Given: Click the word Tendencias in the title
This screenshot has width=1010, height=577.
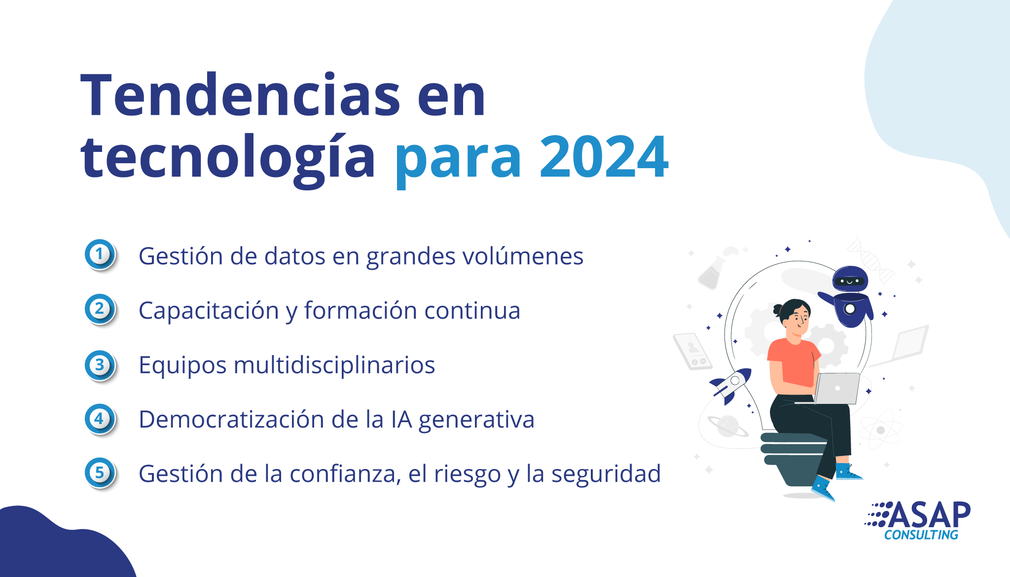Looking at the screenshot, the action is point(241,95).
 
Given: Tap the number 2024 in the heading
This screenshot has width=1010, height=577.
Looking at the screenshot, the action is point(604,157).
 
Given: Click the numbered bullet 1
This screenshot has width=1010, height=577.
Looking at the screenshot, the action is point(100,254).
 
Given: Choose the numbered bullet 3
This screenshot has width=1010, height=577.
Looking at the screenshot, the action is point(100,365).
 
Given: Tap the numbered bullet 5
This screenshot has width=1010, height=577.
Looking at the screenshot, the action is point(100,473).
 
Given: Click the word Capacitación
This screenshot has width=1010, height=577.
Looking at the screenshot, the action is point(209,311).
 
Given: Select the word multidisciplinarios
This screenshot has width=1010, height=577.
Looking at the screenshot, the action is point(334,365).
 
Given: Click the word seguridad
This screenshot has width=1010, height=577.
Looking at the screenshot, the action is point(606,473).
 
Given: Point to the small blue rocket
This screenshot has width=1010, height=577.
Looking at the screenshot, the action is point(730,385).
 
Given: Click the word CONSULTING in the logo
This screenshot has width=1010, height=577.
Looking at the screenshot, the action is point(921,535).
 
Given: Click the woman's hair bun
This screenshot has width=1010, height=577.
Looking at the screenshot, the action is point(778,310).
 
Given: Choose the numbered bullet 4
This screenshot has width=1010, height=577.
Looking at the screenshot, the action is point(100,419).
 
